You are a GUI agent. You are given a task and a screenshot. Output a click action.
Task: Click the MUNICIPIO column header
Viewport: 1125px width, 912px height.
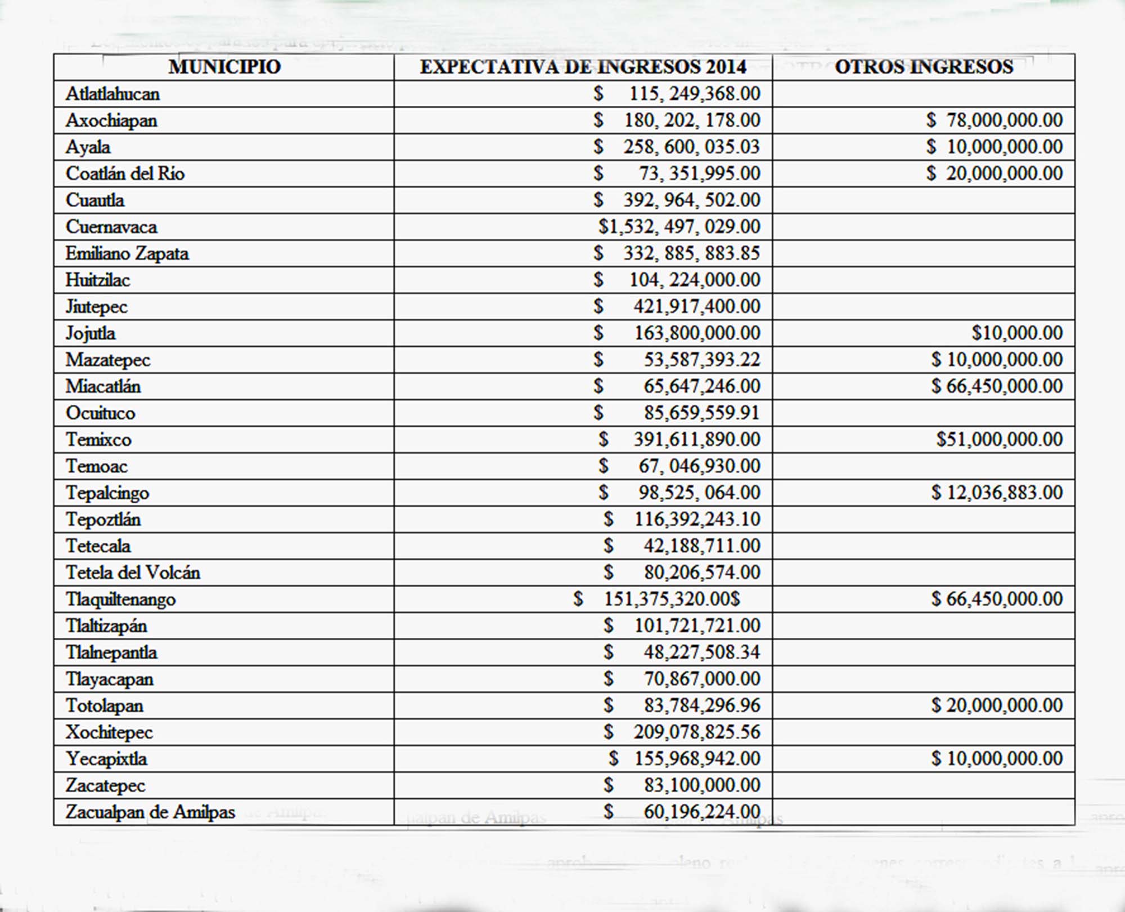(x=224, y=67)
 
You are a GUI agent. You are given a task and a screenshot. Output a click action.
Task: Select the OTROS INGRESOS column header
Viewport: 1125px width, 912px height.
(x=924, y=67)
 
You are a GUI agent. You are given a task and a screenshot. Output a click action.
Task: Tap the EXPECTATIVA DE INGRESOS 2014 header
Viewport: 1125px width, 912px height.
(x=583, y=67)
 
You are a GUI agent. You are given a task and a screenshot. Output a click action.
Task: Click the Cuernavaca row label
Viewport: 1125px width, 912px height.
(x=111, y=227)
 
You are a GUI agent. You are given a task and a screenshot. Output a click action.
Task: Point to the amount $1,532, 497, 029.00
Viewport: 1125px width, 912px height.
(x=679, y=227)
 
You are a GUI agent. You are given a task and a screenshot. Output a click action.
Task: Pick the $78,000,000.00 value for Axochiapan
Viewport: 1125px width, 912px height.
(x=994, y=120)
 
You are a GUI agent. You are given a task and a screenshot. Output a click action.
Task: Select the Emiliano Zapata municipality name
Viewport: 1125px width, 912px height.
(x=127, y=253)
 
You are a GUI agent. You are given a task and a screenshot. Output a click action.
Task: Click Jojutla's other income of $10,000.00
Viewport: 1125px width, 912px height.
(x=1017, y=333)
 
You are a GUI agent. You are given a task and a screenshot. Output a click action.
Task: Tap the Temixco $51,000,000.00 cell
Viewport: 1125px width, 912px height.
(x=1000, y=439)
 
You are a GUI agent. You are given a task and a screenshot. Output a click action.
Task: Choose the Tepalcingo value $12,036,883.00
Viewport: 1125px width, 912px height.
(x=997, y=493)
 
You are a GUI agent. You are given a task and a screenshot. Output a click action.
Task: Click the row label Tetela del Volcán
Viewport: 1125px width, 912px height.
(x=133, y=573)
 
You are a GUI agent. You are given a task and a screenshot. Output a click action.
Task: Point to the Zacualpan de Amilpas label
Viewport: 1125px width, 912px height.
(x=150, y=812)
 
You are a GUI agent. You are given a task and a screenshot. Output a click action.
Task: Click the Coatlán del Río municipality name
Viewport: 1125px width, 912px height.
(x=125, y=173)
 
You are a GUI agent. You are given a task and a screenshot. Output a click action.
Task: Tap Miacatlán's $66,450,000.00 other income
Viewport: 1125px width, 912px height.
(x=997, y=386)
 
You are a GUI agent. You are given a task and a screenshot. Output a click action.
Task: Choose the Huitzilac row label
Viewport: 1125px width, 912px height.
(x=98, y=280)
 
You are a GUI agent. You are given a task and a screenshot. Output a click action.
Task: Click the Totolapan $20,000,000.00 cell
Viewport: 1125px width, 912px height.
(x=997, y=705)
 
